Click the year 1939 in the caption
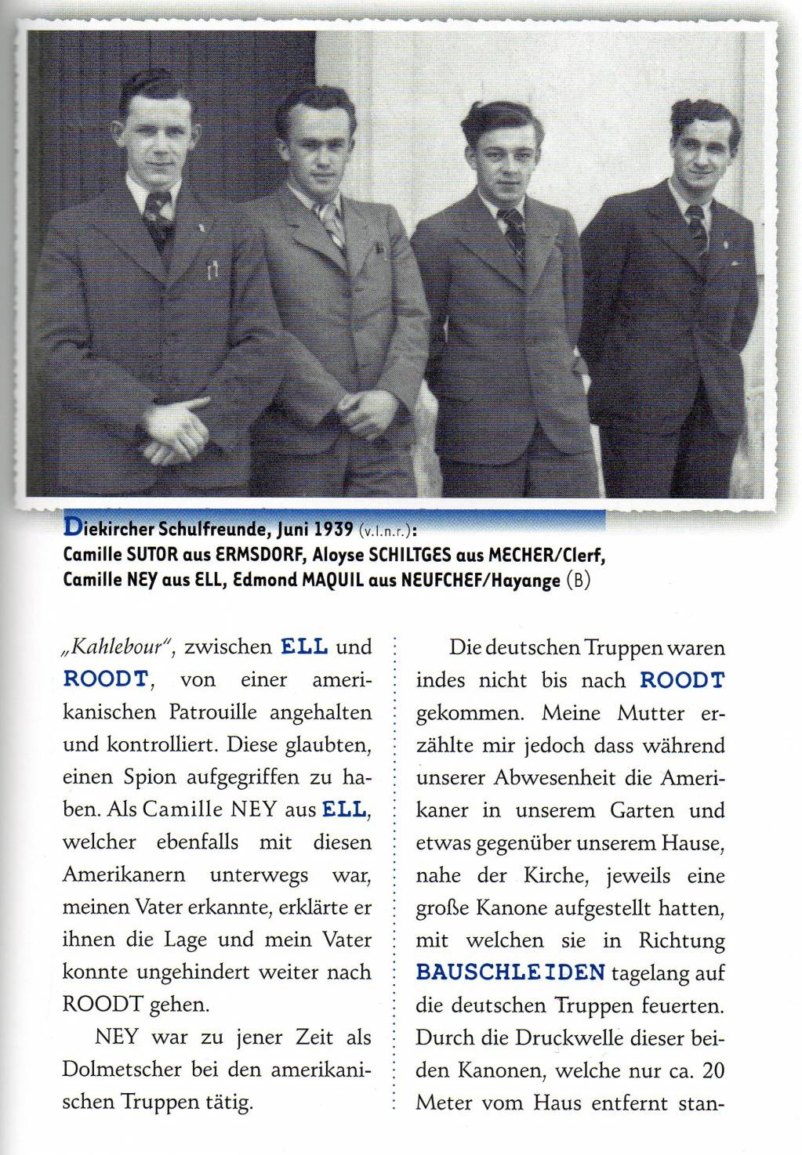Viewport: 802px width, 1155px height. [x=332, y=529]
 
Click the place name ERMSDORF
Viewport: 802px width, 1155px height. [x=255, y=555]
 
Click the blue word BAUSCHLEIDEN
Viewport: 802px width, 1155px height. [x=510, y=972]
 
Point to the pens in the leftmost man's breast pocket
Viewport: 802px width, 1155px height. [x=211, y=271]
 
